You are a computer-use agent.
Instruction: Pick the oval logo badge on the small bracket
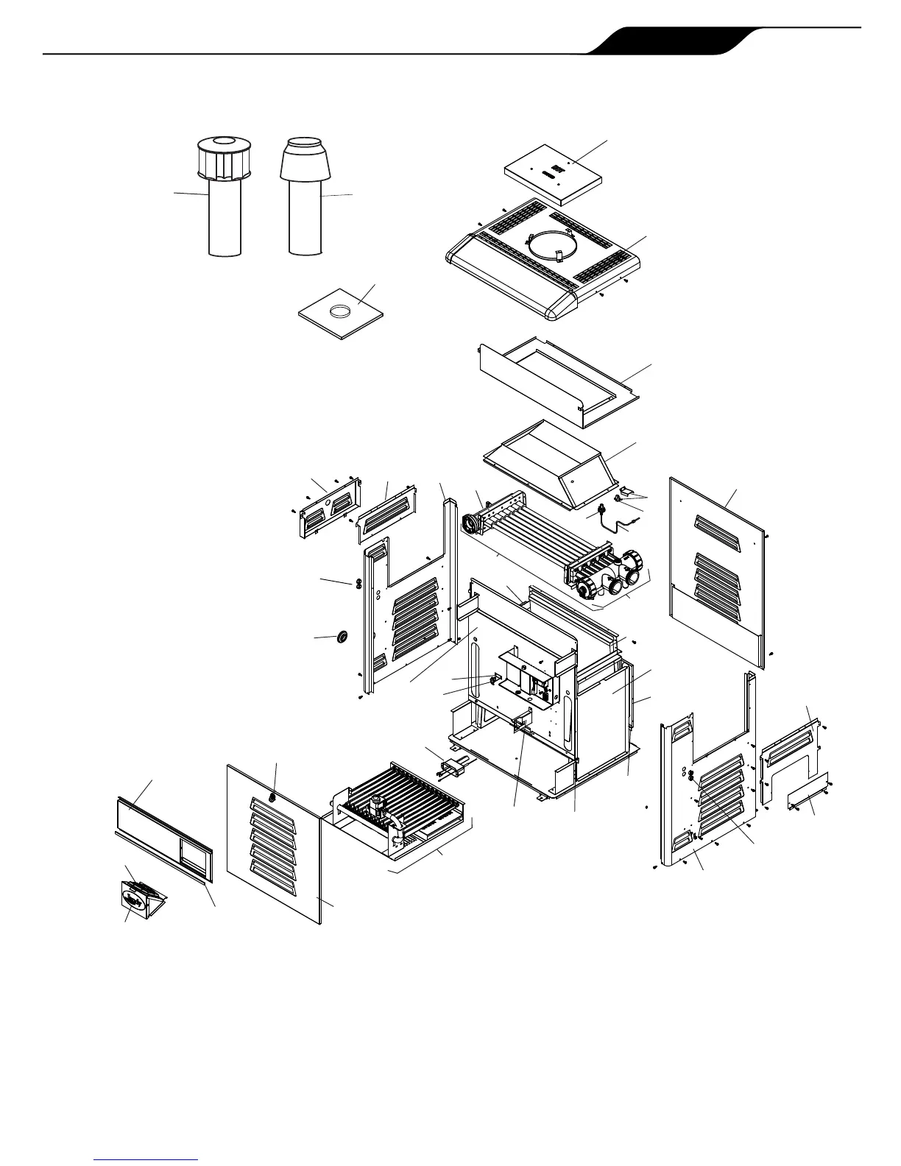(133, 898)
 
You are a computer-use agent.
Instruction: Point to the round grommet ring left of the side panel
(342, 636)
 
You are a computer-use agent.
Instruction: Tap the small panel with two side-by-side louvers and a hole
(324, 508)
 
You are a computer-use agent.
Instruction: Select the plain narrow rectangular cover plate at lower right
(808, 794)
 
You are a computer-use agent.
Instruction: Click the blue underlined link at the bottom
(146, 1159)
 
